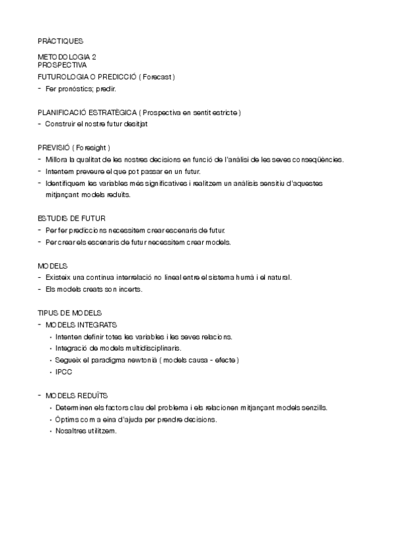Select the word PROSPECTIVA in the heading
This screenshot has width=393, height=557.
click(62, 65)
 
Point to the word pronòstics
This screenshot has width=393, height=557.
click(78, 89)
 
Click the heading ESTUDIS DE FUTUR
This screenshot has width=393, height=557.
click(72, 218)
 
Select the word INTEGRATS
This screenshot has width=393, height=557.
click(100, 324)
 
